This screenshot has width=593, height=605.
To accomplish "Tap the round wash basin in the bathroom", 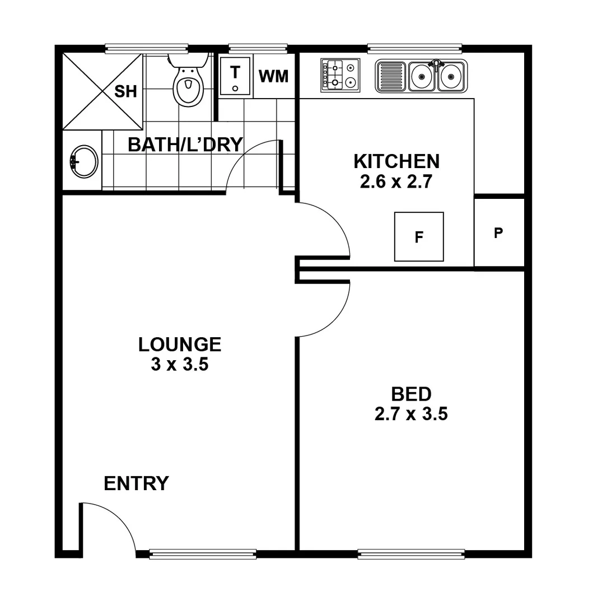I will pos(84,161).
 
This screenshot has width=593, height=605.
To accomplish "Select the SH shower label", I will pos(125,92).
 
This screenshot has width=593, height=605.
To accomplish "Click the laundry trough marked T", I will pos(236,77).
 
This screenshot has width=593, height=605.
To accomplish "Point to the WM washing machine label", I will pos(274,76).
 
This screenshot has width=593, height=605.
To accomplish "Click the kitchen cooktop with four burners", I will pos(339,75).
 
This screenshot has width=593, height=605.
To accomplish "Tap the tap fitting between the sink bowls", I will pos(436,64).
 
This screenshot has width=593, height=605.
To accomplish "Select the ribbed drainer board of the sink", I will pos(392,76).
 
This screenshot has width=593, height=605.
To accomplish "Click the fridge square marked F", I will pos(419,236).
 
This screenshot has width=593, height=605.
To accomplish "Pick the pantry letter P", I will pos(498,233).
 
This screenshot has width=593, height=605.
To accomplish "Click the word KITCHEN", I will pos(396,161).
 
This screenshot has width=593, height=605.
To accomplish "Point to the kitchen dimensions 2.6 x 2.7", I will pos(396,182).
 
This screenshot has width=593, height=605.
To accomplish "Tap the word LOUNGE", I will pos(180,344).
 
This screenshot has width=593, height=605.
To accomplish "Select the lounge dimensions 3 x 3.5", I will pos(180,365).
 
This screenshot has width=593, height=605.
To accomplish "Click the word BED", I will pos(411,394).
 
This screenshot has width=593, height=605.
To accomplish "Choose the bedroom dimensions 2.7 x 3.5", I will pos(411,415).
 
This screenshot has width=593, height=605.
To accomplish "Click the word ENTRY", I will pos(136,483).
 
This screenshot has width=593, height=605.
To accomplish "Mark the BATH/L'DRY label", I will pos(185,145).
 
